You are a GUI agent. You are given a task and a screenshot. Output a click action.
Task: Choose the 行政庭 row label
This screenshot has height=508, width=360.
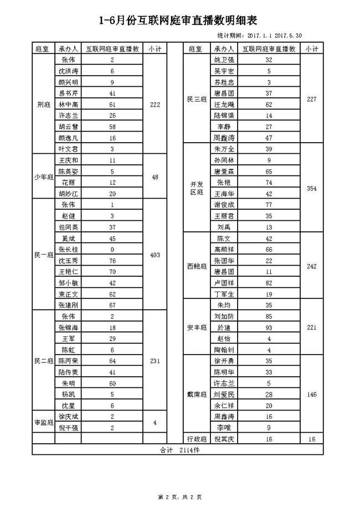pos(197,438)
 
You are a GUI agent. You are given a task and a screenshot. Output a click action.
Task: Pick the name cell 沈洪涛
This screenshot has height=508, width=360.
pos(68,71)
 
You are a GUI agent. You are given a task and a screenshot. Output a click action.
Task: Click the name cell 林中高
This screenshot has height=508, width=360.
pos(68,104)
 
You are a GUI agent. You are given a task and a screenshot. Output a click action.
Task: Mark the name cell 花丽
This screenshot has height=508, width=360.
pos(68,182)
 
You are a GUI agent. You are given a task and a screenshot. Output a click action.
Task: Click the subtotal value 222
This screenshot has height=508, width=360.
pos(155,104)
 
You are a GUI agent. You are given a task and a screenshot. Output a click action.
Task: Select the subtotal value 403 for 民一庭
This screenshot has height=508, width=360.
pos(155,255)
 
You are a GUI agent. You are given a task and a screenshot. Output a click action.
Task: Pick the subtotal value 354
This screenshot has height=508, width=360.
pos(311,188)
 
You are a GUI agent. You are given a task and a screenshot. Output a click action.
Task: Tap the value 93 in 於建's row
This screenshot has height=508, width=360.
pos(269,327)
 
